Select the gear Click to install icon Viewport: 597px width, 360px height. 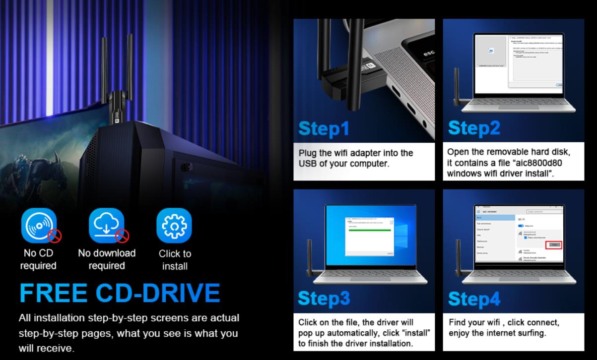[174, 225]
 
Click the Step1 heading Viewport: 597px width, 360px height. [323, 127]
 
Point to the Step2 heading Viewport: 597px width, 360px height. [474, 127]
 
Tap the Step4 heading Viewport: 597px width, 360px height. [474, 298]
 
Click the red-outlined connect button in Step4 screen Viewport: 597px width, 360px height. [554, 245]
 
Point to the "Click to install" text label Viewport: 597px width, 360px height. [175, 260]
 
